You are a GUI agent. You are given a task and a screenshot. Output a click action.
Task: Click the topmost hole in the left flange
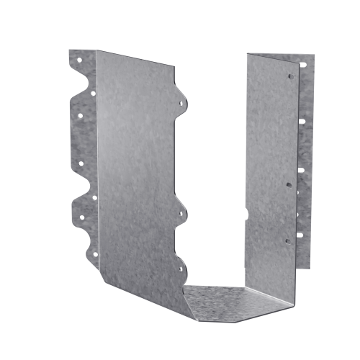click(80, 60)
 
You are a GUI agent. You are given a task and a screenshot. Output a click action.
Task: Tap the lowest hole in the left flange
click(94, 253)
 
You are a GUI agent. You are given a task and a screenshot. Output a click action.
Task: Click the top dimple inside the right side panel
click(291, 76)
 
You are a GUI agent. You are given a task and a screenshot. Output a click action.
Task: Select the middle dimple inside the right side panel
click(288, 184)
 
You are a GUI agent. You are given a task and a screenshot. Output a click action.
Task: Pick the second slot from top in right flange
click(302, 120)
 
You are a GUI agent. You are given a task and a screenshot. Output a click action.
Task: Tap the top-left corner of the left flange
click(69, 50)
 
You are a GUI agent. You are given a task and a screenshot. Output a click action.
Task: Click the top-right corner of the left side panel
click(175, 66)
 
